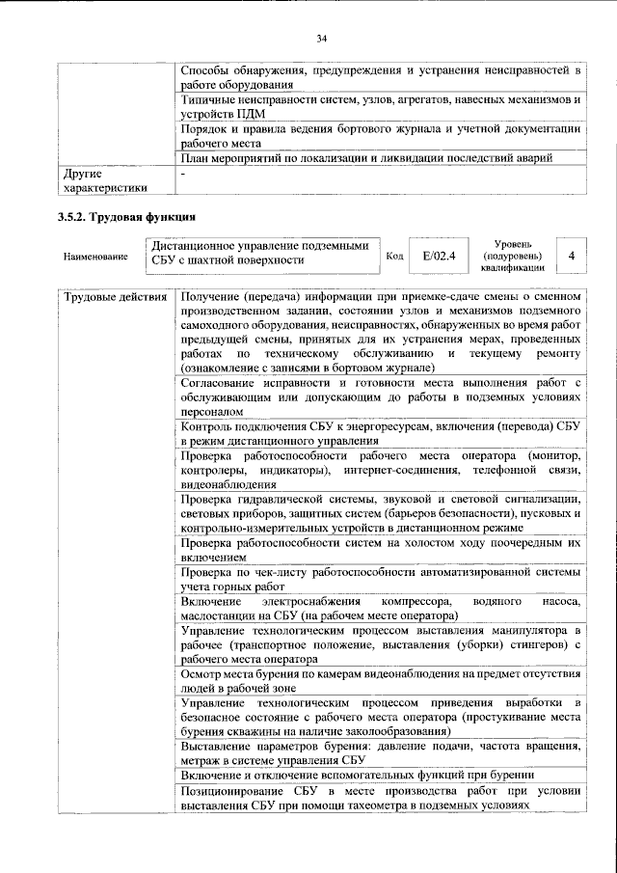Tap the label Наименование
click(x=95, y=257)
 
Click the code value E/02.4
click(x=439, y=256)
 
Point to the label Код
click(x=394, y=256)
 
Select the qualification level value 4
click(x=572, y=256)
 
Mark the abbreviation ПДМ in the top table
click(x=251, y=113)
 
